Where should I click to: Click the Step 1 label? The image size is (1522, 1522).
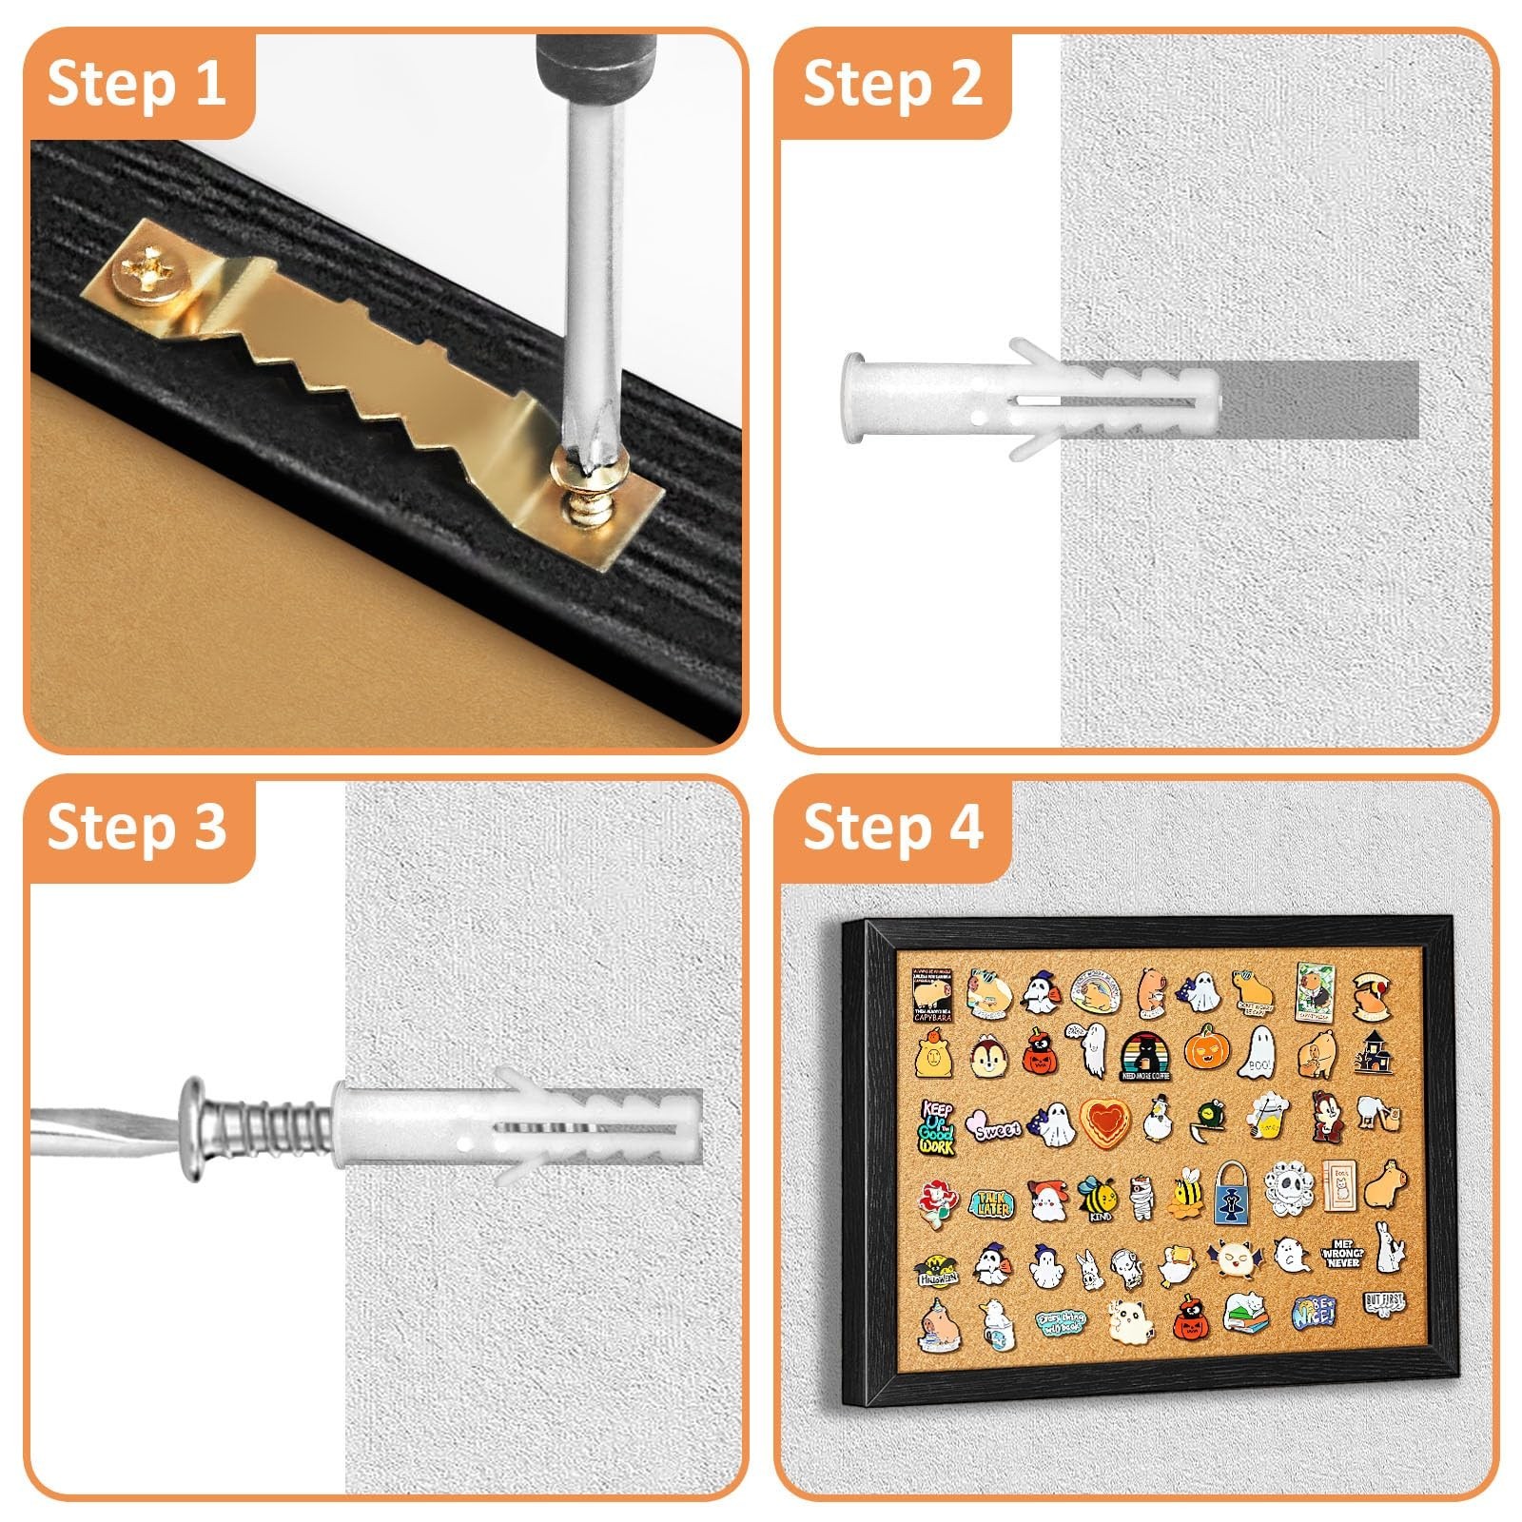click(x=136, y=84)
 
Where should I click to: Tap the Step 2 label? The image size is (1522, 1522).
click(x=892, y=84)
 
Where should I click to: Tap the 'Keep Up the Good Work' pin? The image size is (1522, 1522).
click(x=937, y=1126)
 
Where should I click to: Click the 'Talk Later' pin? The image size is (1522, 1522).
click(x=990, y=1205)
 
